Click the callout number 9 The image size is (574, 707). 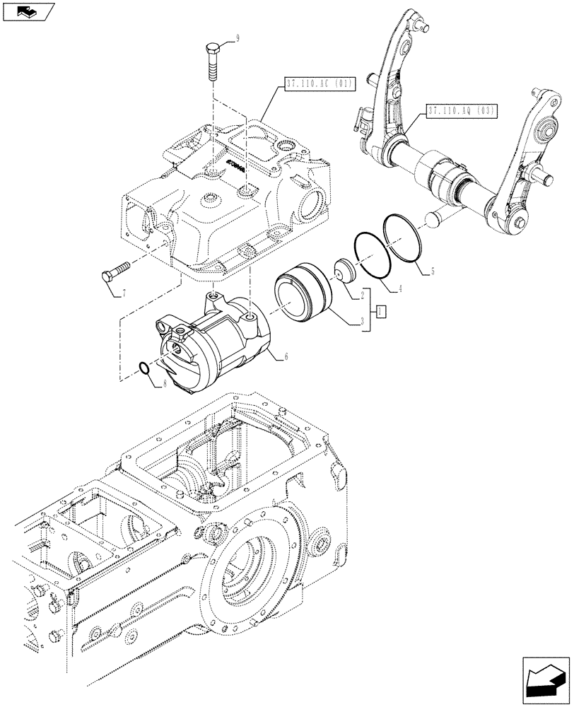tap(238, 40)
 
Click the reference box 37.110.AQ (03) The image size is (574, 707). tap(462, 110)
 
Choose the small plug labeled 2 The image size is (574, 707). tap(346, 272)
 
